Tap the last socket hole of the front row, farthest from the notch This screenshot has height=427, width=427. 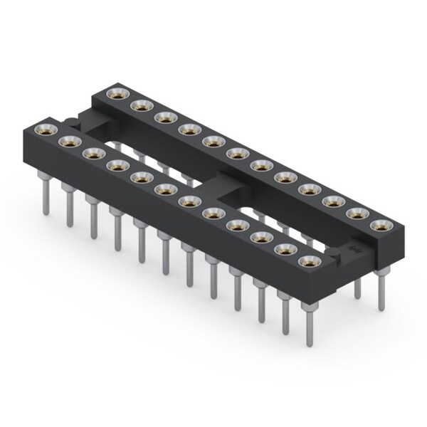(307, 262)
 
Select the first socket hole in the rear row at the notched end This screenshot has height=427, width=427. (113, 94)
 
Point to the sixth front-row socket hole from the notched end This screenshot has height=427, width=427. (165, 189)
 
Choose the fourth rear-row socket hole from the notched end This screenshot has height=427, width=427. (188, 130)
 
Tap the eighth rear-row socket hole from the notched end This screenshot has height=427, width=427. (283, 177)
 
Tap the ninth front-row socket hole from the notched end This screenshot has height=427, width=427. (236, 226)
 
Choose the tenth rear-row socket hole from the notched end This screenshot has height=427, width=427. (332, 201)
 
